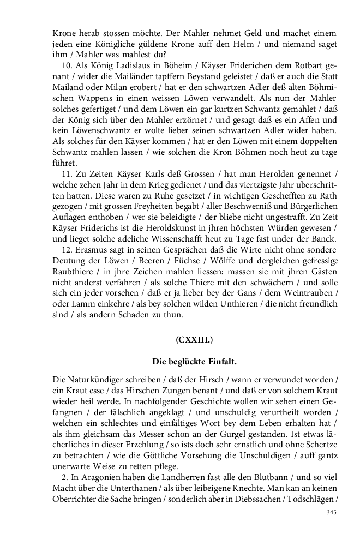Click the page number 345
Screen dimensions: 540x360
(x=331, y=512)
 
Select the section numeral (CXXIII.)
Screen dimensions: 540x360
(x=194, y=339)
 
